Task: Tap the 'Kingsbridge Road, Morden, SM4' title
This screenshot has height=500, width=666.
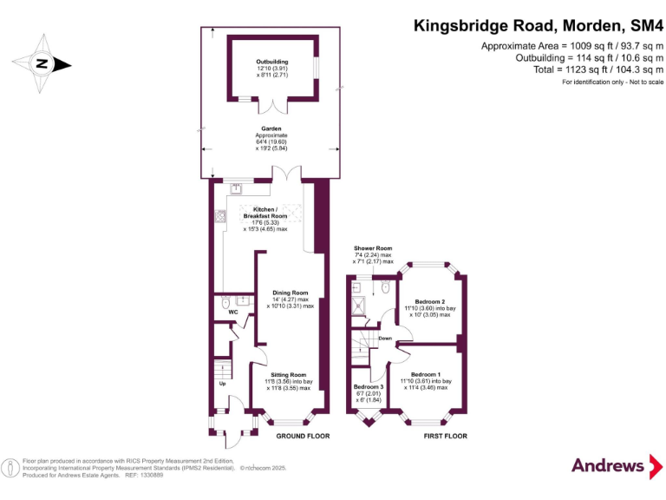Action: tap(538, 26)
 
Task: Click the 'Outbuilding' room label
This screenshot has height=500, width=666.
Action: tap(273, 62)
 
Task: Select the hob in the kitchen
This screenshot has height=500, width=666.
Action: tap(220, 217)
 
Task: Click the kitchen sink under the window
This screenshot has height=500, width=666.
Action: tap(236, 187)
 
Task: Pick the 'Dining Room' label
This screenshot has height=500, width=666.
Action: tap(291, 293)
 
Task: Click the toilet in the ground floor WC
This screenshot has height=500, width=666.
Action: tap(225, 304)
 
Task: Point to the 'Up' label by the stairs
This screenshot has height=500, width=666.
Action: tap(222, 384)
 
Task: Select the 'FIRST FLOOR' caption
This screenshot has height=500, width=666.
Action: tap(445, 436)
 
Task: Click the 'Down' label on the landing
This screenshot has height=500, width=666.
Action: tap(385, 339)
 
